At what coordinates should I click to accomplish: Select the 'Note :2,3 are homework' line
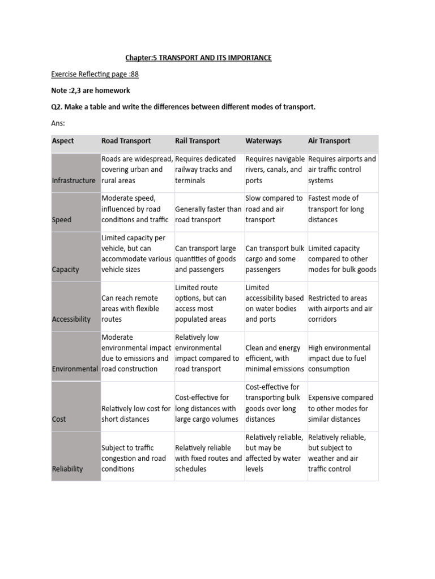click(91, 90)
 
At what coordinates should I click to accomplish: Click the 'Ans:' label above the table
click(58, 123)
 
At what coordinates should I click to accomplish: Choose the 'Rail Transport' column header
click(197, 141)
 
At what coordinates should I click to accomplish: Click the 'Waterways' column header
click(263, 141)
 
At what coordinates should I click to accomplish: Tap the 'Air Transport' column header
click(329, 141)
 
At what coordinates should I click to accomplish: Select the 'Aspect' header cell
click(63, 141)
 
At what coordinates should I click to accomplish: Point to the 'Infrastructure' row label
click(74, 181)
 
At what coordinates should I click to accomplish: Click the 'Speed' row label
click(62, 219)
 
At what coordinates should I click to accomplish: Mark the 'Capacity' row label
click(66, 269)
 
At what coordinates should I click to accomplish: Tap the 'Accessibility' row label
click(71, 319)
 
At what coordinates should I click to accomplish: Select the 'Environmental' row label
click(75, 369)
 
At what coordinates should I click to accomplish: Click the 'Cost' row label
click(59, 419)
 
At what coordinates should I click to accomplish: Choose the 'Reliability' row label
click(67, 469)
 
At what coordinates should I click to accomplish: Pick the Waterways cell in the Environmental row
click(275, 358)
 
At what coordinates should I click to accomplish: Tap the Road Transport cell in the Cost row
click(136, 414)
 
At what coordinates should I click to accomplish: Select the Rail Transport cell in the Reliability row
click(208, 459)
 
